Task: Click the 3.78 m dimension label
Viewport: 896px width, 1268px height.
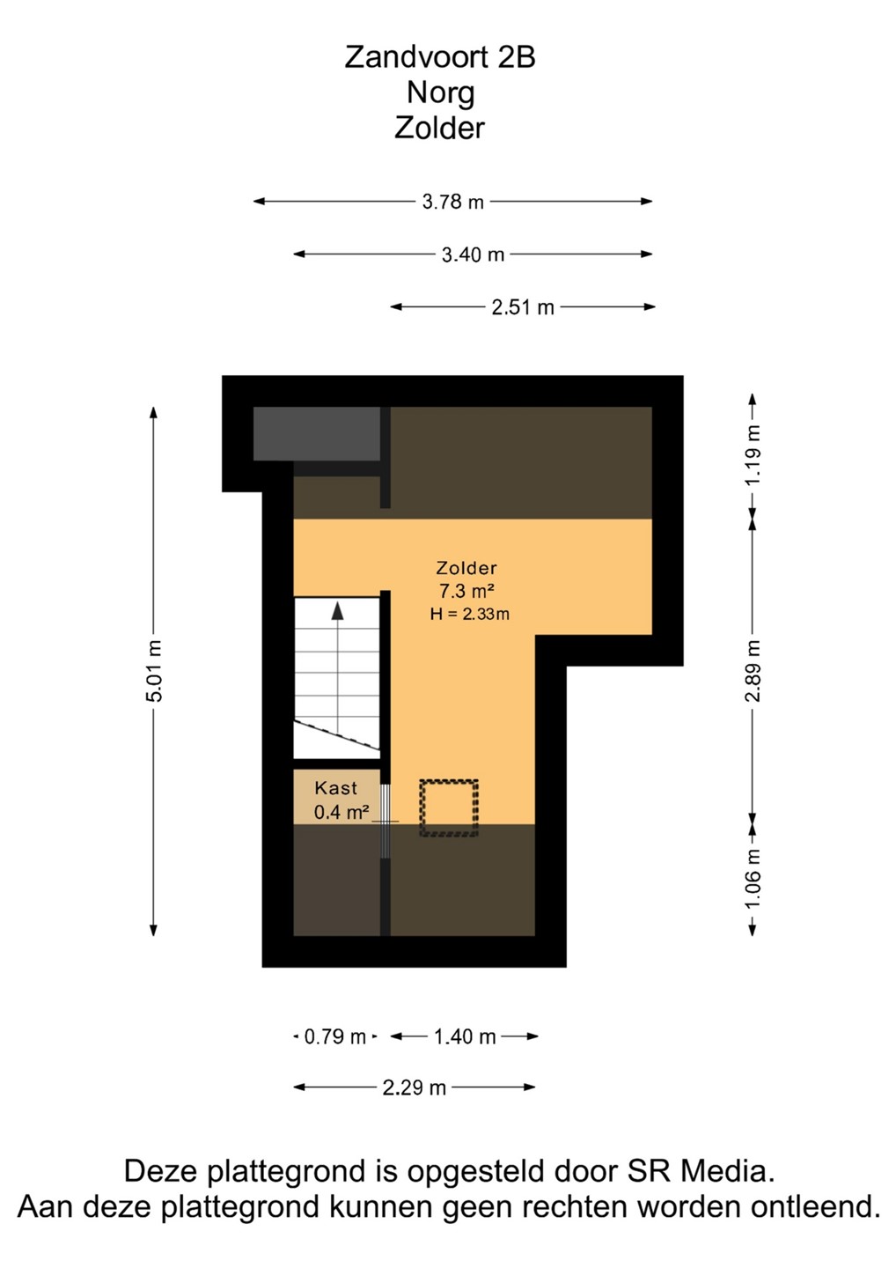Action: click(453, 202)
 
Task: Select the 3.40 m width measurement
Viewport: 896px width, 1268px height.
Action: click(473, 254)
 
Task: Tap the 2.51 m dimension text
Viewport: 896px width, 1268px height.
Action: click(523, 307)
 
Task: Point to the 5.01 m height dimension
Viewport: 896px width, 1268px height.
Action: click(154, 671)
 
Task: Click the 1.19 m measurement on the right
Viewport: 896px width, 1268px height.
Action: click(753, 454)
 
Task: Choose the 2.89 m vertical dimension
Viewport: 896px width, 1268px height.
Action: click(753, 671)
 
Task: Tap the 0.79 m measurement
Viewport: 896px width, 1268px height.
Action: click(334, 1036)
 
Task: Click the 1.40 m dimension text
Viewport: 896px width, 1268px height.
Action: click(465, 1036)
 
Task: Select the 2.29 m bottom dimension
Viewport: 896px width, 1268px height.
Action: click(414, 1087)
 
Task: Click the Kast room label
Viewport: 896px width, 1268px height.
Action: click(336, 788)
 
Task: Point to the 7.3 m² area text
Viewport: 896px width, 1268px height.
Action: click(467, 591)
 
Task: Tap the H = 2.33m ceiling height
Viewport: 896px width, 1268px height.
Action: click(469, 615)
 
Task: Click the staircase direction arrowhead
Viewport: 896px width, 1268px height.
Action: click(338, 610)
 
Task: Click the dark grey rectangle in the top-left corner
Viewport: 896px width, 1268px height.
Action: click(316, 433)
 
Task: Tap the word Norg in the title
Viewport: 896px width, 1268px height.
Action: click(441, 93)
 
